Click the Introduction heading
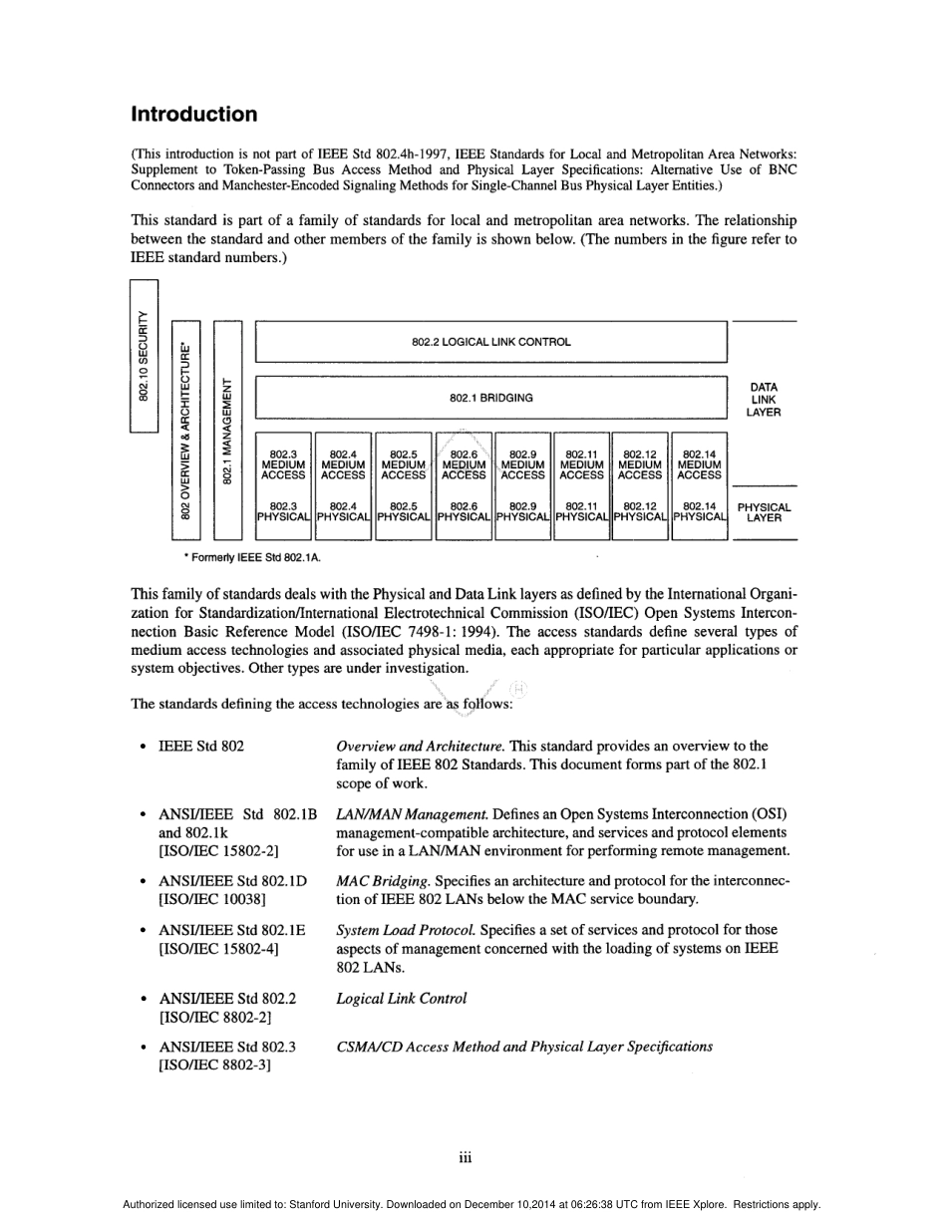tap(193, 115)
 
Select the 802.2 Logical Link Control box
tap(490, 342)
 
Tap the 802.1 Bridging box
tap(490, 398)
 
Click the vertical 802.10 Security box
tap(145, 356)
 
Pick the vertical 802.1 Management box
tap(228, 430)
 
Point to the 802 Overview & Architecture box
tap(186, 430)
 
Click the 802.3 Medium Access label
tap(283, 464)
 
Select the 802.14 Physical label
tap(699, 511)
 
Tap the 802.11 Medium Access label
tap(581, 464)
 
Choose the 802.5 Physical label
tap(404, 511)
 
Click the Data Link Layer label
tap(764, 400)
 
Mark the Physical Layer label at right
tap(764, 512)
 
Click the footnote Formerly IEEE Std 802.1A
tap(251, 557)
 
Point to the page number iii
tap(465, 1157)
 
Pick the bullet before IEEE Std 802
tap(145, 747)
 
